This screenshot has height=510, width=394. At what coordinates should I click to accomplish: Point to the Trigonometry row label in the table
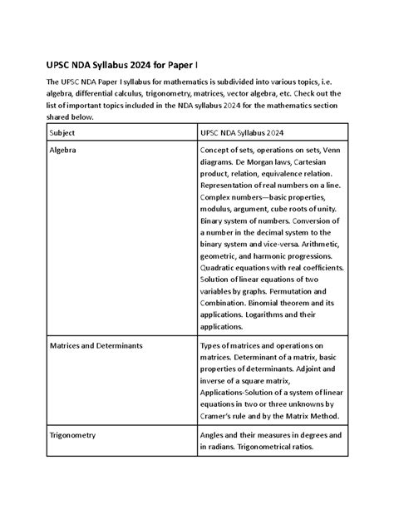[73, 435]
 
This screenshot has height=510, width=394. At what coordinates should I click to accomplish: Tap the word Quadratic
[222, 269]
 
